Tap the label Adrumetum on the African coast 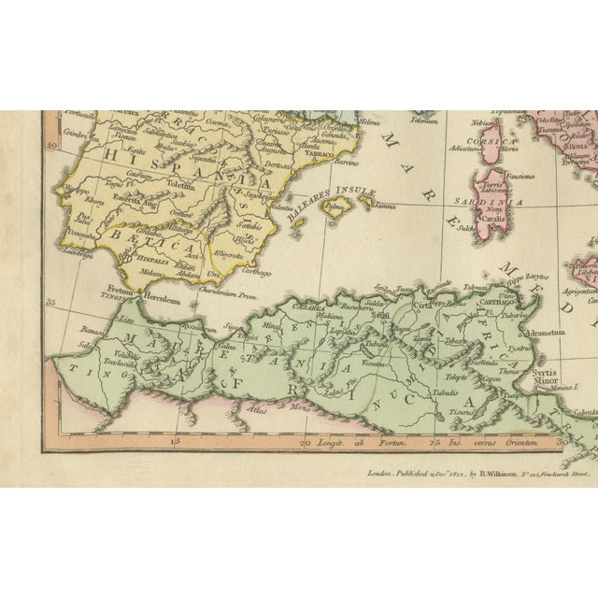[x=545, y=333]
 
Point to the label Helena [x=370, y=122]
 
